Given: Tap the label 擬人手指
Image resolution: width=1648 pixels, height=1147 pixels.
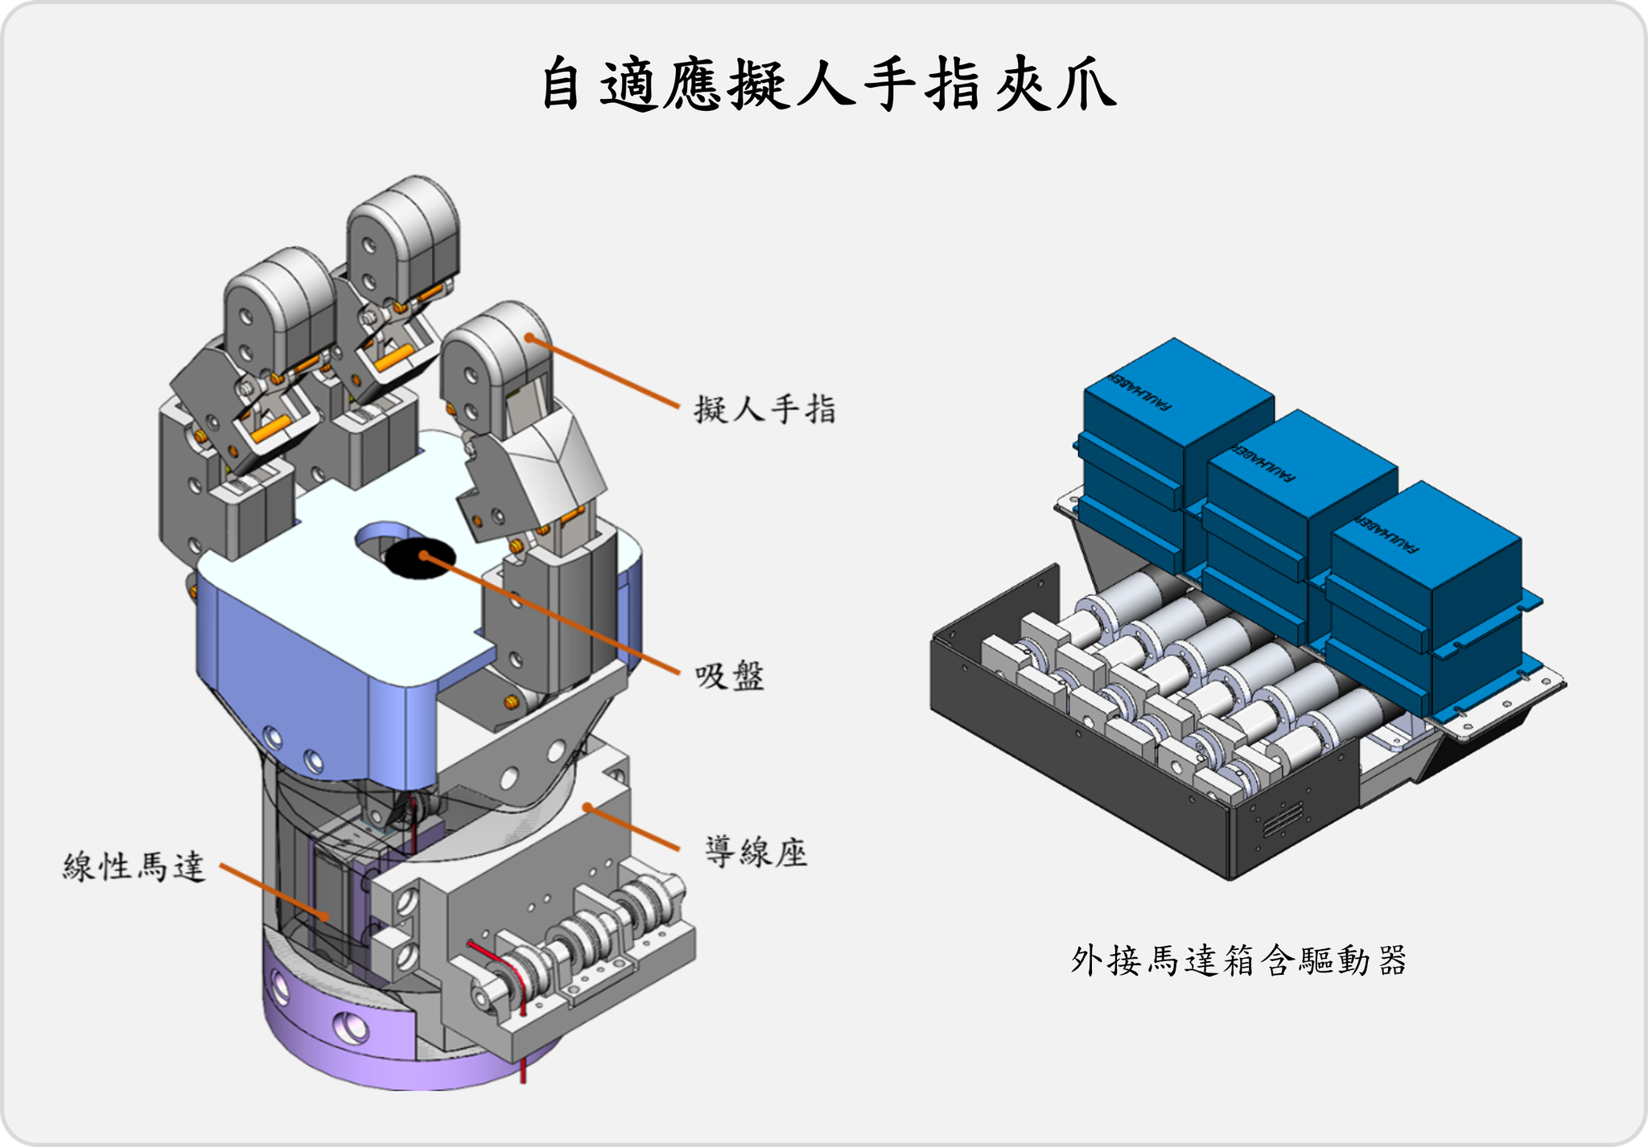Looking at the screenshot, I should tap(764, 409).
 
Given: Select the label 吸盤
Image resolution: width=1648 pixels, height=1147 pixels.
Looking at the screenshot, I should tap(729, 676).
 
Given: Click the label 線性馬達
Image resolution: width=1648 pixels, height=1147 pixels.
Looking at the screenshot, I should tap(134, 867).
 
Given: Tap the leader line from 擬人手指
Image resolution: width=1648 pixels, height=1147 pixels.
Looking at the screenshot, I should tap(604, 372).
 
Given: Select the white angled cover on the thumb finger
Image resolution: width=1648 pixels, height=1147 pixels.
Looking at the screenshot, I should tap(555, 458).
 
